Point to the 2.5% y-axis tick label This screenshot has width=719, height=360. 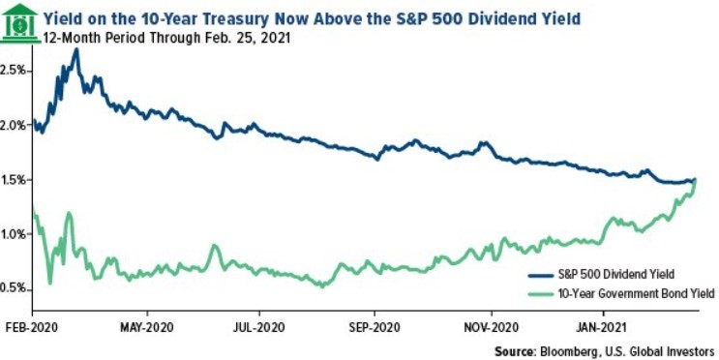pos(15,71)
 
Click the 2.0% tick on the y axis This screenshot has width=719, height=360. pos(15,126)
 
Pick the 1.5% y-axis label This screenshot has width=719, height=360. pos(15,180)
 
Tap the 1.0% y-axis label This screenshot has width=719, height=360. pos(15,234)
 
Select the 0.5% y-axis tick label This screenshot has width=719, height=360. pos(15,288)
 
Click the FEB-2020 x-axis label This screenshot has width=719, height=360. pos(32,327)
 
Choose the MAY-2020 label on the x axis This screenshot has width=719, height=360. pos(146,327)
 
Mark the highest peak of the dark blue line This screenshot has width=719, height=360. pos(75,49)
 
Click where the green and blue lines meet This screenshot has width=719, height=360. pos(694,180)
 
